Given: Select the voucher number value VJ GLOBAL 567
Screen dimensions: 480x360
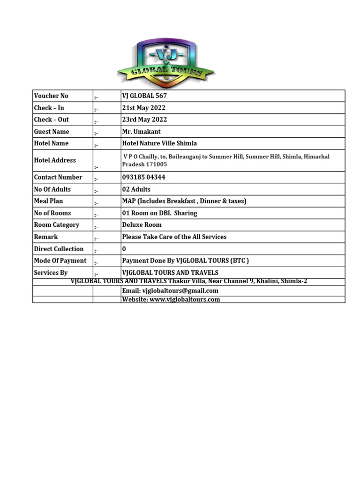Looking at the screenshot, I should pyautogui.click(x=144, y=96).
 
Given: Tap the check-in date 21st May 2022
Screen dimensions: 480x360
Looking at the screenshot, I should pyautogui.click(x=144, y=108).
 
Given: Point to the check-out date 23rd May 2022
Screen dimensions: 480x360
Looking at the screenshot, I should pyautogui.click(x=144, y=120).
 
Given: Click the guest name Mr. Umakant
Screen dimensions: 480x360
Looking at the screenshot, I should pyautogui.click(x=142, y=132).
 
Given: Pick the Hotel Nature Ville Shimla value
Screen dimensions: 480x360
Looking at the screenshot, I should pyautogui.click(x=159, y=143).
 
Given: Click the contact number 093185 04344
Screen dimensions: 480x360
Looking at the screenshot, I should pyautogui.click(x=143, y=177).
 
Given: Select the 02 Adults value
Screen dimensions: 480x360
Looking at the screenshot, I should pyautogui.click(x=136, y=189).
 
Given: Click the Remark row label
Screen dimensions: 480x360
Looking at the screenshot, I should pyautogui.click(x=46, y=237).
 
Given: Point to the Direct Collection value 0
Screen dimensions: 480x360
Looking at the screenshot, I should pyautogui.click(x=124, y=249).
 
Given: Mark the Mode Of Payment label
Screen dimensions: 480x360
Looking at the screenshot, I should pyautogui.click(x=60, y=261).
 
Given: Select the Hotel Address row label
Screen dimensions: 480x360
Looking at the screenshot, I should pyautogui.click(x=55, y=160).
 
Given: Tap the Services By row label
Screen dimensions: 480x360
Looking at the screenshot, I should pyautogui.click(x=51, y=272).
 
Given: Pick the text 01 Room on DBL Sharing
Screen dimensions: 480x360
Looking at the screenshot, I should pyautogui.click(x=159, y=213).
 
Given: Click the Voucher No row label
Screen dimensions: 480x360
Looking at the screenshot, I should pyautogui.click(x=51, y=96).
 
